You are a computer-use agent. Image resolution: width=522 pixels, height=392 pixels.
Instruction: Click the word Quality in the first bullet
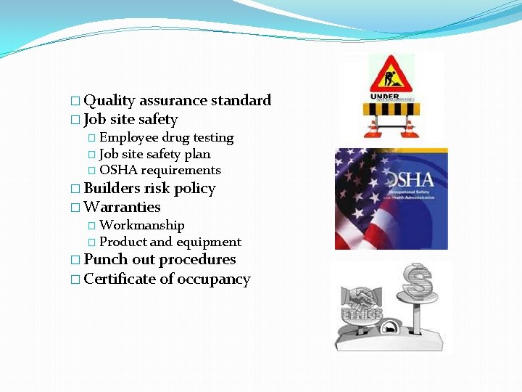click(109, 101)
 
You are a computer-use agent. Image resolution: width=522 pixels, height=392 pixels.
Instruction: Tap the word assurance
click(173, 101)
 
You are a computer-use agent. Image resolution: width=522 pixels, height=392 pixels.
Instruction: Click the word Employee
click(128, 138)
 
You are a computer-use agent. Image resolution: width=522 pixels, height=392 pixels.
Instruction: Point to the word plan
click(197, 155)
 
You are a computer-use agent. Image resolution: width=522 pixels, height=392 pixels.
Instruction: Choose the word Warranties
click(122, 208)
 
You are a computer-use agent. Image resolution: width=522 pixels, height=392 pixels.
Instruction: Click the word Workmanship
click(142, 226)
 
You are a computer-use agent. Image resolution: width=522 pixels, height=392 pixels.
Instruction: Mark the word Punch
click(104, 260)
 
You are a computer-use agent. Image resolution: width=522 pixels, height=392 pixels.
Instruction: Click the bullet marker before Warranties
click(76, 208)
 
